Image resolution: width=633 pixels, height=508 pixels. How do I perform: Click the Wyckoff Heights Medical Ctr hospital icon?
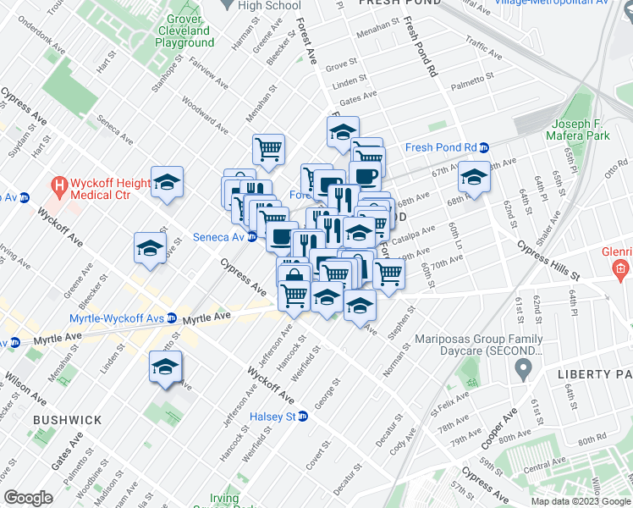click(58, 184)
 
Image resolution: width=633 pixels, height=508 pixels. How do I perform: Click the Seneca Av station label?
click(219, 237)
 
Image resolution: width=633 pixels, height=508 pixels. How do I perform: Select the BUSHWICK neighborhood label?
click(67, 420)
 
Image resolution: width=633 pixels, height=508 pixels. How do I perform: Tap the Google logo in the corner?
click(28, 497)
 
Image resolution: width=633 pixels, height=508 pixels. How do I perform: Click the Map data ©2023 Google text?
click(580, 501)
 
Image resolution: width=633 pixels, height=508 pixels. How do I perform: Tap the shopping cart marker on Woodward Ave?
click(268, 149)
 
